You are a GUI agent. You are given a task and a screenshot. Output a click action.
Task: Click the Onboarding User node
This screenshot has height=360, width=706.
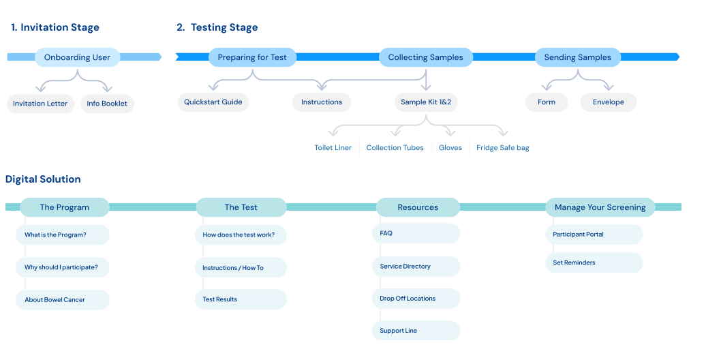click(x=78, y=57)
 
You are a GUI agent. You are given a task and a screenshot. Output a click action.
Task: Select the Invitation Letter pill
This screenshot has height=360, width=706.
click(x=40, y=104)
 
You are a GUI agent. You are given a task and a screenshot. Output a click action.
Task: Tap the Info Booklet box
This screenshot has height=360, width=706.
click(x=107, y=104)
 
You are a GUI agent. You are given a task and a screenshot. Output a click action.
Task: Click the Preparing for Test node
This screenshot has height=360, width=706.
click(x=252, y=57)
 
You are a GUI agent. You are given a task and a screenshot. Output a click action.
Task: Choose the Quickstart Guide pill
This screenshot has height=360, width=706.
click(x=213, y=102)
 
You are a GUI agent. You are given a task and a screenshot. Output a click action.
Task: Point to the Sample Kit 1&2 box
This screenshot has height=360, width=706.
click(x=426, y=102)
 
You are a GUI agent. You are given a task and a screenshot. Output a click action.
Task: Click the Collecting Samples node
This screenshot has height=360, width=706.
click(x=425, y=57)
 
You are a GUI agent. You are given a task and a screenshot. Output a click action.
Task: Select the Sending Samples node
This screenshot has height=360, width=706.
click(x=578, y=57)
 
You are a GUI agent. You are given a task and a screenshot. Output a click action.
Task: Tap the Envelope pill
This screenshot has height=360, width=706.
click(x=609, y=102)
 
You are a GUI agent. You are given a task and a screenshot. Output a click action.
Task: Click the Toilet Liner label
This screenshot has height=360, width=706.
click(x=333, y=148)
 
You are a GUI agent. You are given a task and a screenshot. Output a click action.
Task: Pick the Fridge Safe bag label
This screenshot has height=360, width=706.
click(x=503, y=148)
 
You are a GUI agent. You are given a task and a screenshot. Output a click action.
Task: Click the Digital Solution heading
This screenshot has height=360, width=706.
click(x=43, y=179)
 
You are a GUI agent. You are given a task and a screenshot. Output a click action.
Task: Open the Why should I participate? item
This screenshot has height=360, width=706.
click(x=63, y=267)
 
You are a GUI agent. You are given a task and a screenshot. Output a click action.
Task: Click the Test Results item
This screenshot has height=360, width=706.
click(x=241, y=299)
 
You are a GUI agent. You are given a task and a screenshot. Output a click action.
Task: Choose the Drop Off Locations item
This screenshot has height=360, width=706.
click(x=416, y=298)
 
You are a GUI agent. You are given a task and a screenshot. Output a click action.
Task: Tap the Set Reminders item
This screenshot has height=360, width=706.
click(x=594, y=262)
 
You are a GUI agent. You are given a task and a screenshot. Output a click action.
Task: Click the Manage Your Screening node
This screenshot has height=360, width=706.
click(x=600, y=207)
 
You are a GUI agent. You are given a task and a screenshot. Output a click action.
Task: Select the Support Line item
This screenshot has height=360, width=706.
click(x=416, y=330)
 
